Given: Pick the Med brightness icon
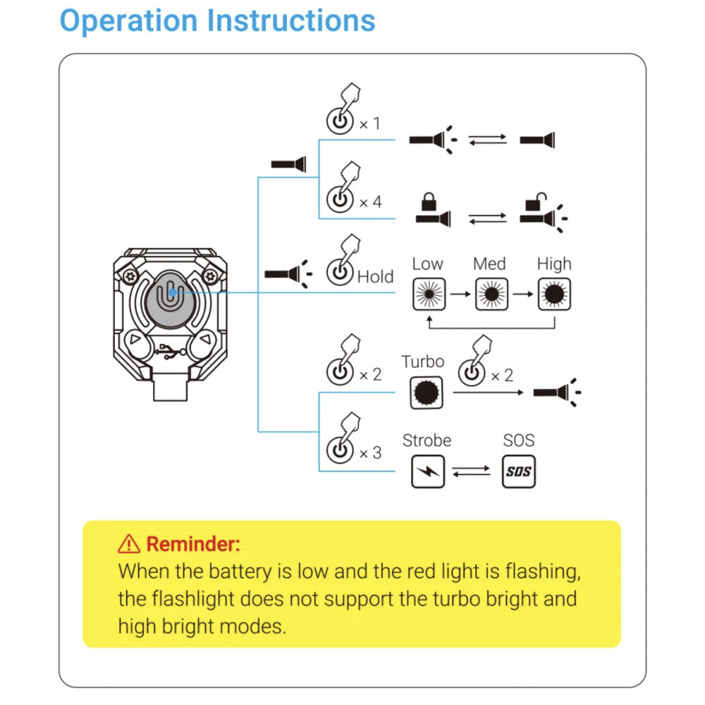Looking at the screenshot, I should [491, 294].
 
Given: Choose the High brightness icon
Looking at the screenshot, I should [554, 294].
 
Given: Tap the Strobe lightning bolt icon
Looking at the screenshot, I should [428, 472].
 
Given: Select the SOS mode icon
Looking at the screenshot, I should [518, 472].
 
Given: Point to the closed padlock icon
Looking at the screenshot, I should [428, 203].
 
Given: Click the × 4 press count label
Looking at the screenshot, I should [370, 202].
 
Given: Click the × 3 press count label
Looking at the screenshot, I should [370, 453].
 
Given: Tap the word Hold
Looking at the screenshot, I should [375, 277].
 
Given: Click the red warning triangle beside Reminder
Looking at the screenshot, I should [129, 544].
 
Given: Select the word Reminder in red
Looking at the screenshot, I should [193, 544].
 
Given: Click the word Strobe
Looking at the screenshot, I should [427, 441].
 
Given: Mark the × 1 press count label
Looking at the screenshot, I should [369, 124].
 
